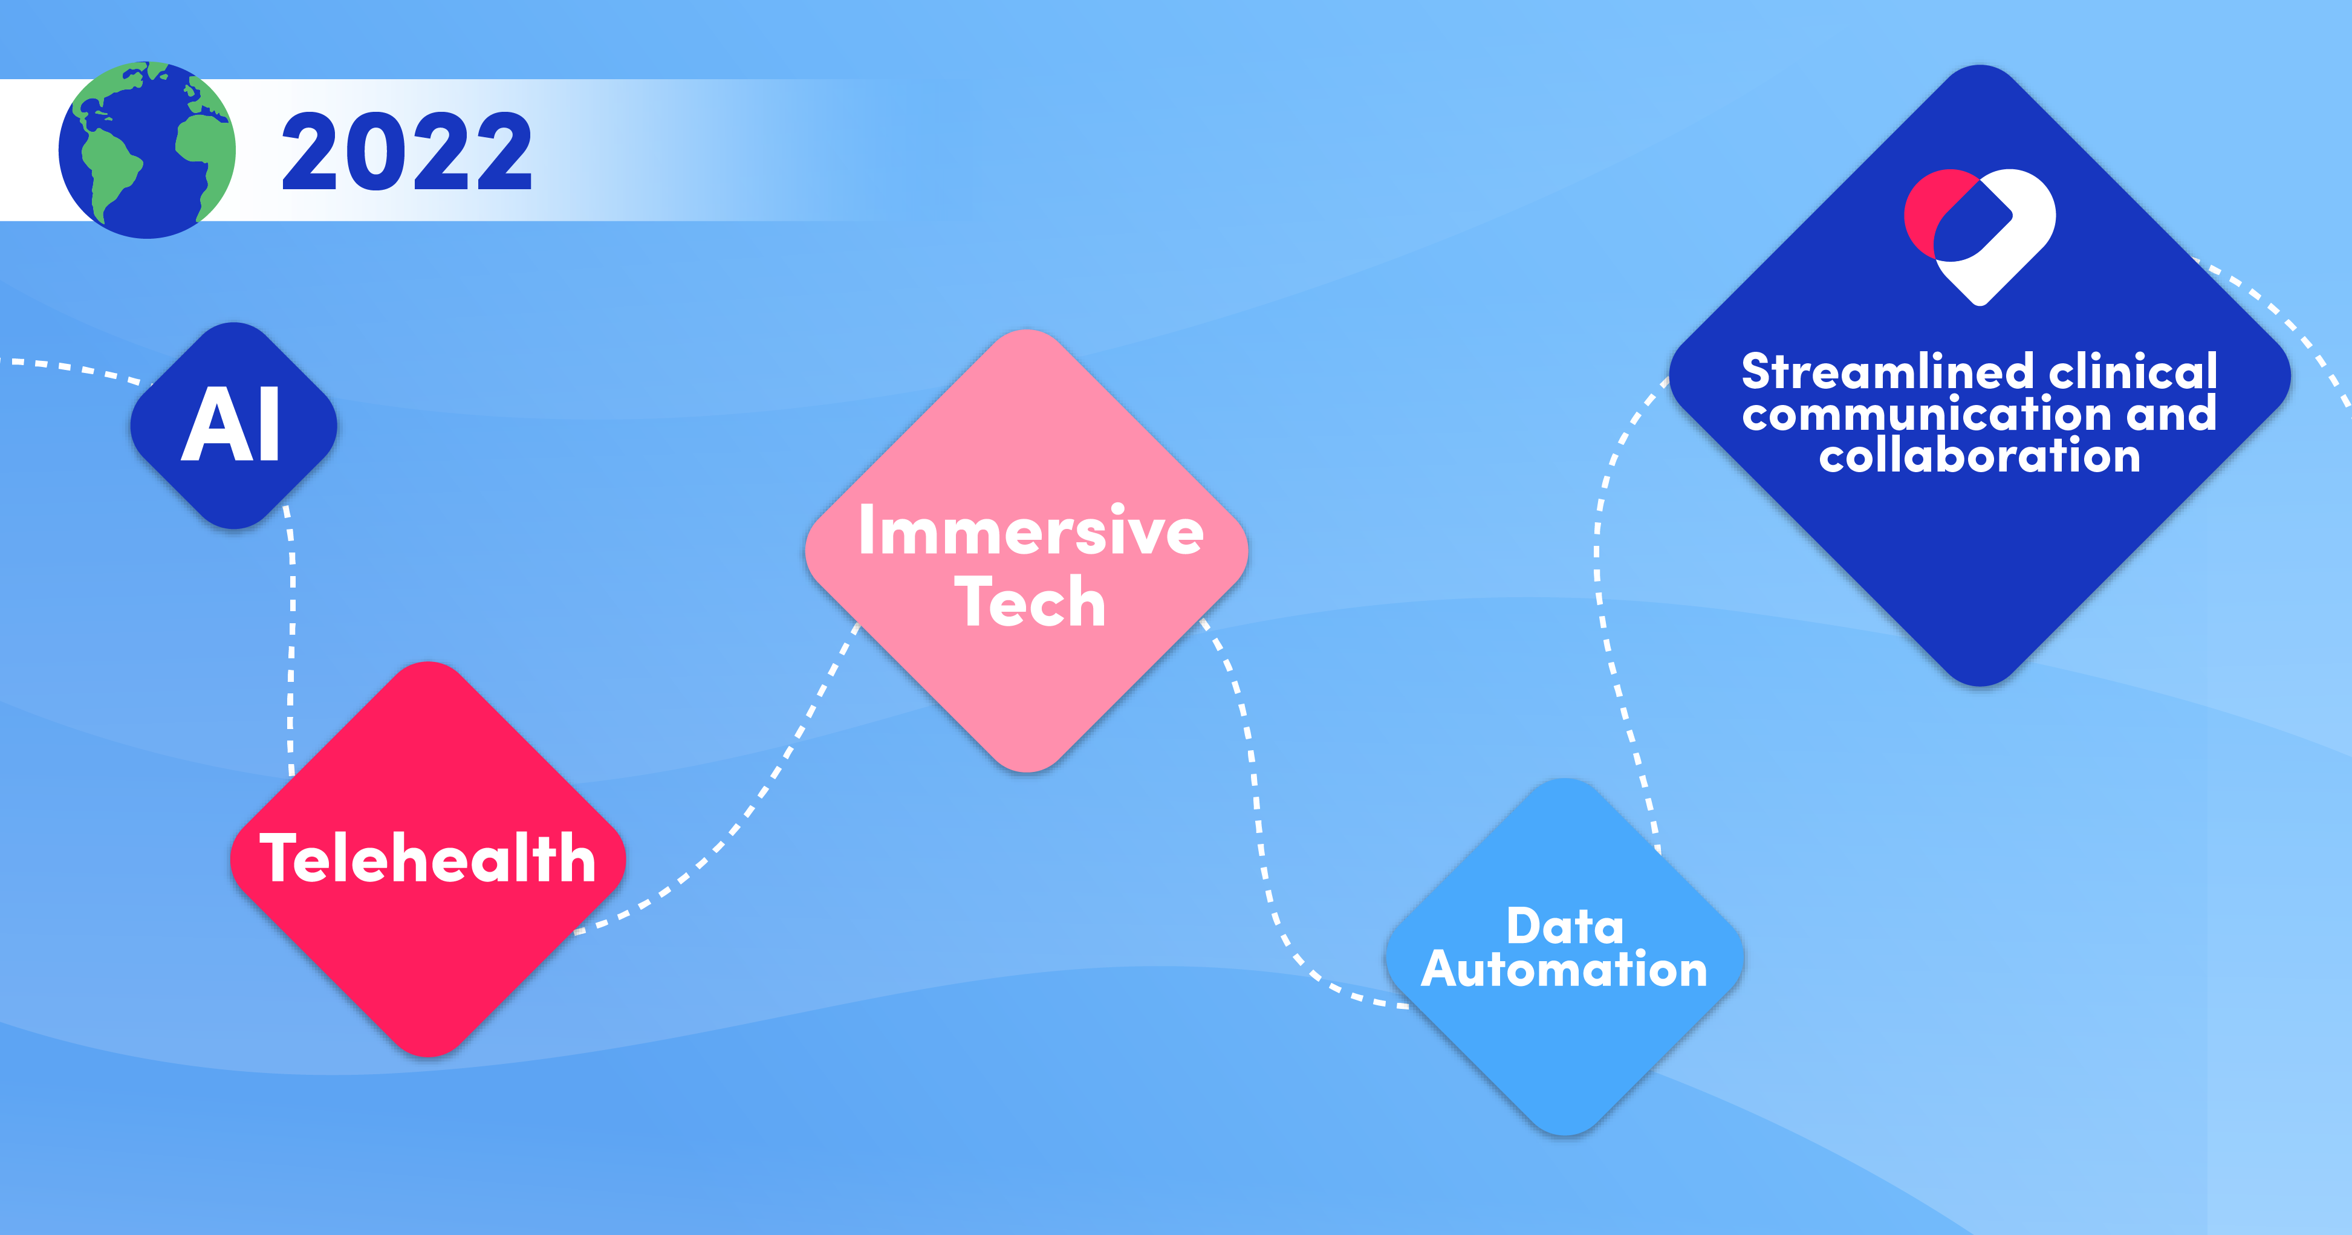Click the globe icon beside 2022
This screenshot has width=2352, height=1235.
pyautogui.click(x=147, y=150)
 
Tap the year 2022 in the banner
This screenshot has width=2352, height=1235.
pyautogui.click(x=408, y=152)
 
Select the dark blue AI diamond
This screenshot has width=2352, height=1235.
pyautogui.click(x=234, y=426)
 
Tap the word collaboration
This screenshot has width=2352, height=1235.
pyautogui.click(x=1980, y=455)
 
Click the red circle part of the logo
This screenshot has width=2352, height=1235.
pyautogui.click(x=1926, y=212)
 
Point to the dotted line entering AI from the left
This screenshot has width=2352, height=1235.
pyautogui.click(x=73, y=368)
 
